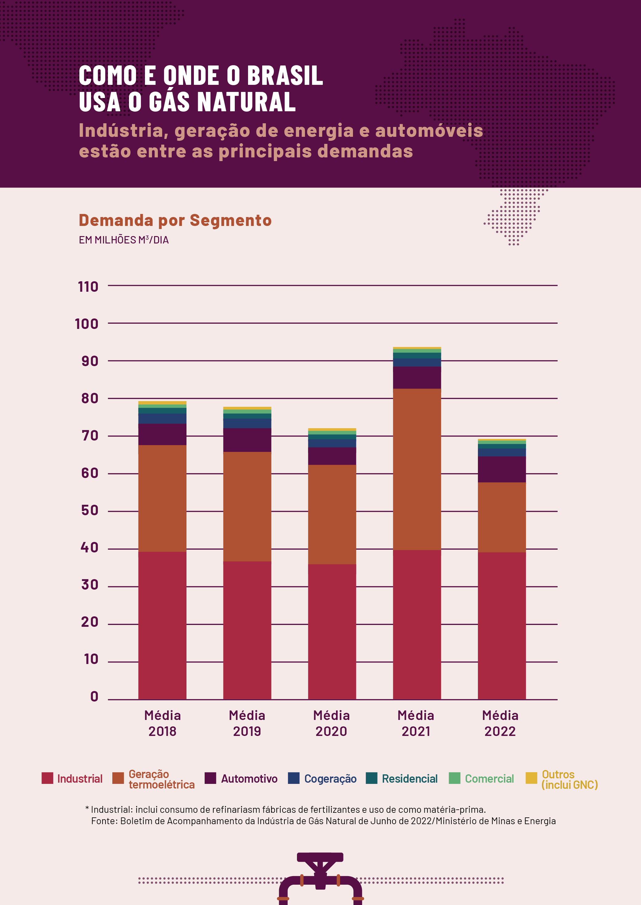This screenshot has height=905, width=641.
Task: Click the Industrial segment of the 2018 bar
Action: (162, 625)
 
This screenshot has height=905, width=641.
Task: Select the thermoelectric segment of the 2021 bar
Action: (417, 469)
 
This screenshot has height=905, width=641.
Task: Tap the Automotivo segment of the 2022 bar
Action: (502, 469)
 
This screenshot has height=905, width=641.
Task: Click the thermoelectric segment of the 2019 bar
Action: (247, 506)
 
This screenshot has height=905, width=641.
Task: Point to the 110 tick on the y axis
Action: (88, 287)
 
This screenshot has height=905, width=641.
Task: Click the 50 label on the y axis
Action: (90, 510)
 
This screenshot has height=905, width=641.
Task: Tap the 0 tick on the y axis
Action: (94, 696)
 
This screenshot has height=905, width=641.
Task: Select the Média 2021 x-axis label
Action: (416, 723)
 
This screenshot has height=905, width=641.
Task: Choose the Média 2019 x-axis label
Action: (247, 723)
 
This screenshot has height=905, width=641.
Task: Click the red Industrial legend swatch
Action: (47, 778)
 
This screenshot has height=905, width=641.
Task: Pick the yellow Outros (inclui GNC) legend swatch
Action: (531, 778)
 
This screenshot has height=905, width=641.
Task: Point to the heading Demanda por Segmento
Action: (175, 220)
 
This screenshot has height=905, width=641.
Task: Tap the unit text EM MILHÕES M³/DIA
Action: (123, 240)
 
